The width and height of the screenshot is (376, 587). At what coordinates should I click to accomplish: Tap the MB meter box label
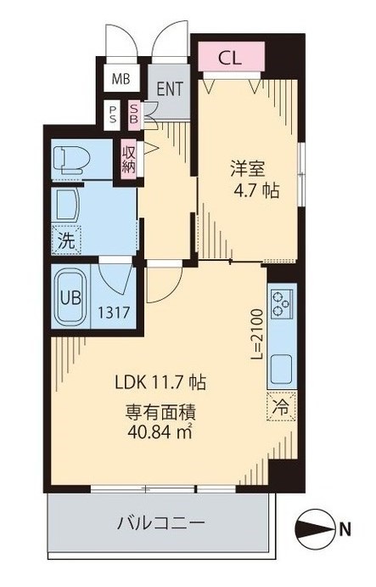pos(121,79)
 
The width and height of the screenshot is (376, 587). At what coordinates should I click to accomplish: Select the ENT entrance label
pos(170,88)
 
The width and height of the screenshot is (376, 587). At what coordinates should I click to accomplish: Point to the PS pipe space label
pos(112,116)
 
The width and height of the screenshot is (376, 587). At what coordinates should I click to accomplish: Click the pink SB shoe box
pos(134,116)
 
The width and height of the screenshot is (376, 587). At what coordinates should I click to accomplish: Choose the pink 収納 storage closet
pos(129,159)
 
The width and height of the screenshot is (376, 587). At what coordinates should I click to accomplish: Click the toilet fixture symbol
pos(72,160)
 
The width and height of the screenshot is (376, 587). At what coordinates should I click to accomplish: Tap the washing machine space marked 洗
pos(67,240)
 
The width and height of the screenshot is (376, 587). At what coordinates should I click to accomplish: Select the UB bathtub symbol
pos(70,297)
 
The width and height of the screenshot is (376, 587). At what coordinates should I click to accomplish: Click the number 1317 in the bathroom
pos(114,312)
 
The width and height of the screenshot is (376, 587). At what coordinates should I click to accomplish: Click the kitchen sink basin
pos(281,370)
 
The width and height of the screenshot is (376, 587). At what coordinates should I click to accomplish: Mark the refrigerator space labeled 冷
pos(282,406)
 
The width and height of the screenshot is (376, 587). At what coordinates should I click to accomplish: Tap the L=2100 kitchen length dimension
pos(256,335)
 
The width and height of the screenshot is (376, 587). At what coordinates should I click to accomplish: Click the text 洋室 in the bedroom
pos(248,169)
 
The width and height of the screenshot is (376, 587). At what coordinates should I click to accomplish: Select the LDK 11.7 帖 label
pos(160,382)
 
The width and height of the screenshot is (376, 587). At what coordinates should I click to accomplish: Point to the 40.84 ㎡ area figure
pos(160,432)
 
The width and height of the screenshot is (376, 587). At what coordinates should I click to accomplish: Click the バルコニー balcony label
pos(161,522)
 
